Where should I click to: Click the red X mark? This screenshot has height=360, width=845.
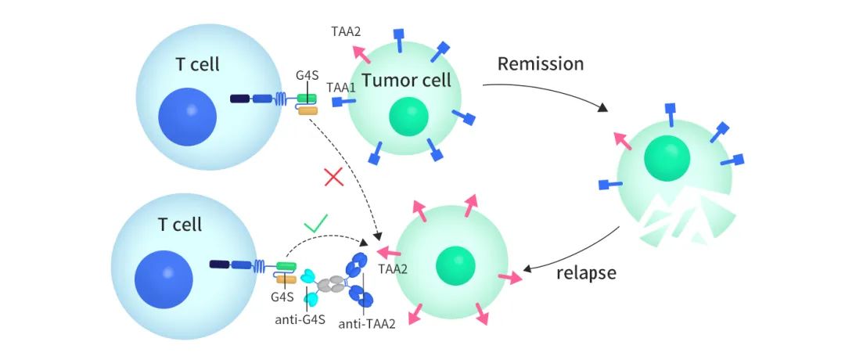334,178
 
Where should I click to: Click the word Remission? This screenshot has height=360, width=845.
541,63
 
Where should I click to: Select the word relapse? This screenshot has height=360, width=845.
586,273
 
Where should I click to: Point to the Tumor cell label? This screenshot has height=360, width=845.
407,80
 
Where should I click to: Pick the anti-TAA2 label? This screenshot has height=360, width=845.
365,323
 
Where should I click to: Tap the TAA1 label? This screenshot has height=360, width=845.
341,88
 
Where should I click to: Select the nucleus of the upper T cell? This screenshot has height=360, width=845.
187,117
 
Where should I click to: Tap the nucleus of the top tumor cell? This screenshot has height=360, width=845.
408,116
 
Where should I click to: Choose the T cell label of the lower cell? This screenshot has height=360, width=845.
179,225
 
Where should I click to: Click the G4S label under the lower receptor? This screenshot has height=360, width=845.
282,297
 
